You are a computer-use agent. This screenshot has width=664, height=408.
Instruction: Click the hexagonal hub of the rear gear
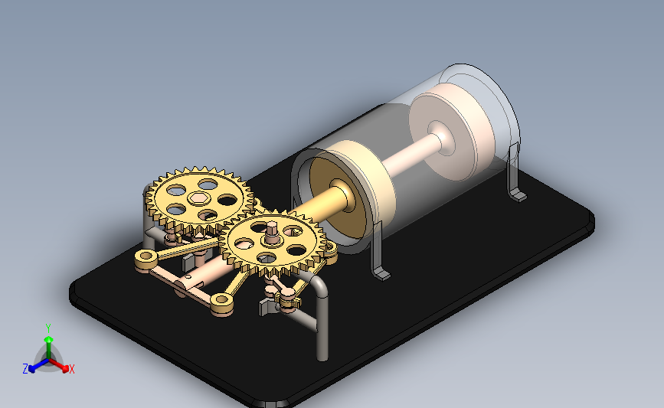click(198, 197)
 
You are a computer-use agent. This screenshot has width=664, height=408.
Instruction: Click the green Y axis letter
click(48, 328)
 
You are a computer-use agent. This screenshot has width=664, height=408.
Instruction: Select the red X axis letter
click(71, 369)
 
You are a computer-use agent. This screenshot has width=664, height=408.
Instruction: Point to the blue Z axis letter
click(25, 369)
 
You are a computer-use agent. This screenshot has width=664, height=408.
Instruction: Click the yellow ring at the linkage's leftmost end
click(146, 256)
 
